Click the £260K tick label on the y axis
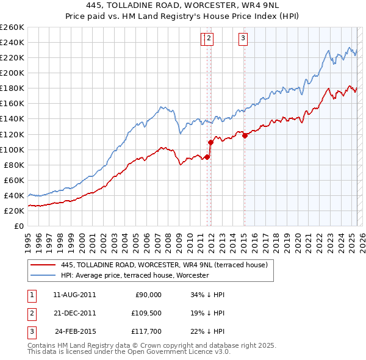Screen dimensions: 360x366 [x=12, y=27]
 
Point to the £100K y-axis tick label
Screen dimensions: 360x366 [x=12, y=149]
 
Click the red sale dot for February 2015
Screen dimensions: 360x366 [x=245, y=136]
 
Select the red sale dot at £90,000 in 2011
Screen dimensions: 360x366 [x=207, y=157]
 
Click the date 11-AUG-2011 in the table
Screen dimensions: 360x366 [x=74, y=295]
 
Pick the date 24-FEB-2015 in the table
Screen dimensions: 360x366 [x=76, y=333]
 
